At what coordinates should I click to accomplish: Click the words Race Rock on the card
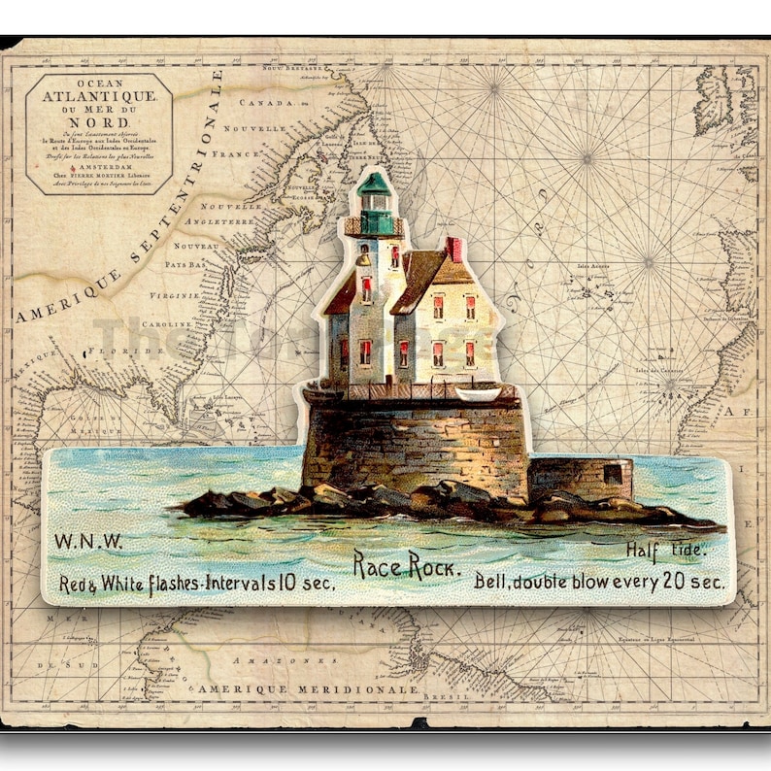[407, 565]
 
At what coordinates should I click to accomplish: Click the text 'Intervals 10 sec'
[282, 585]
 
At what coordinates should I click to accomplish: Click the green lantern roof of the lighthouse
[373, 184]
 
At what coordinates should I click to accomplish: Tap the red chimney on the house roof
[453, 249]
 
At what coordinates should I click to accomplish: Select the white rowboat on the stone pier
[478, 392]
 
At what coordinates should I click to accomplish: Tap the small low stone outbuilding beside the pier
[581, 477]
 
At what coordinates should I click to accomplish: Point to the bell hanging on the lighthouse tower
[362, 259]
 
